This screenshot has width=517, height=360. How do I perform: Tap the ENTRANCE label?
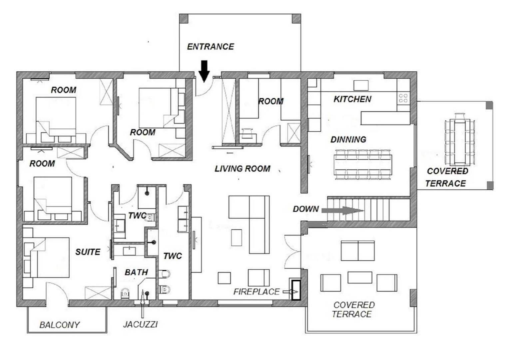point(211,47)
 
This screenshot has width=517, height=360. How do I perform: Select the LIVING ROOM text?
point(243,169)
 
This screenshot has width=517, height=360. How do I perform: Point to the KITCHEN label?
point(352,99)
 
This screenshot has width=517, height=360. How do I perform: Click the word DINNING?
point(348,139)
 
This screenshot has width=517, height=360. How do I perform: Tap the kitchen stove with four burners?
point(403,98)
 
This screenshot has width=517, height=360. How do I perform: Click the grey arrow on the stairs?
point(342,210)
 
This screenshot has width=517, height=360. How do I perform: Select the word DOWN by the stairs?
point(306,209)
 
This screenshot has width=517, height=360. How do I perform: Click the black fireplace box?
point(296,290)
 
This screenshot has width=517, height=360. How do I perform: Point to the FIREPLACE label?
point(257,292)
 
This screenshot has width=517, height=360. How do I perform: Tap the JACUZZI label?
point(140,324)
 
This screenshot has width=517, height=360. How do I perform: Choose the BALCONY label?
point(60,325)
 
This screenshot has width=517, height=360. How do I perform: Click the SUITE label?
point(88,252)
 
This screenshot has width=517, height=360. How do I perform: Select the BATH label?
point(136,272)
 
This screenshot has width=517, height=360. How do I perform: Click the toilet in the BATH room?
point(125,293)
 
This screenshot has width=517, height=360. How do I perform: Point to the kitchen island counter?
point(385,118)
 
